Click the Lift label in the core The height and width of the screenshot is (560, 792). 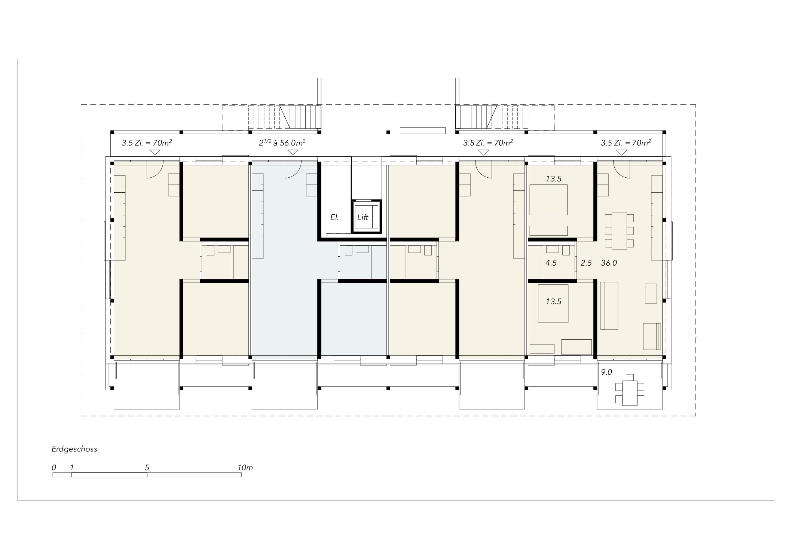(363, 217)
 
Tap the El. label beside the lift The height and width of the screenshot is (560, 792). (334, 217)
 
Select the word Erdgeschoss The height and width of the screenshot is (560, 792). (74, 449)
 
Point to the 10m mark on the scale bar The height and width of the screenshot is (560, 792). (245, 468)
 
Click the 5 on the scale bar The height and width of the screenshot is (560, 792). (147, 468)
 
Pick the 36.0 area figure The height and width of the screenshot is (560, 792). (609, 263)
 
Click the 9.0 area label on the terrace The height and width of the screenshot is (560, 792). (606, 372)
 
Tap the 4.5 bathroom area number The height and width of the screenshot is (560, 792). (551, 263)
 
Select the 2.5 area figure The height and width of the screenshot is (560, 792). (586, 263)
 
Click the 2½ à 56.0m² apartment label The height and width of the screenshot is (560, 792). (282, 142)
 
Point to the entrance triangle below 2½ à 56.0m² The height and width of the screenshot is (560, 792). (293, 152)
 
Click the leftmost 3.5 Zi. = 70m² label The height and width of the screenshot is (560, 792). (147, 143)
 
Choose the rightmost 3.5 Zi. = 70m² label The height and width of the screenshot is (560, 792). (626, 143)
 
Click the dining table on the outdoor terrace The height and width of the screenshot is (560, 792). (630, 393)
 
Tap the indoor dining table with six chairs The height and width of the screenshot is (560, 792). (620, 231)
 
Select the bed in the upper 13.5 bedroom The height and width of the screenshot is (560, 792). (548, 200)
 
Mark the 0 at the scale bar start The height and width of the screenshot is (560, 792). (54, 468)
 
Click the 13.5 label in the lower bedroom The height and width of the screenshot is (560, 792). (554, 302)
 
